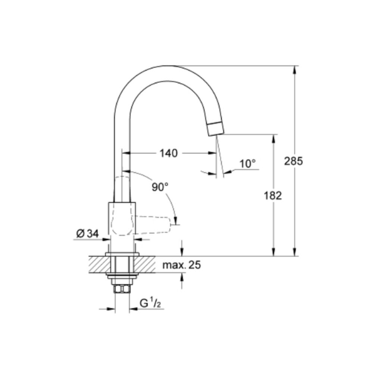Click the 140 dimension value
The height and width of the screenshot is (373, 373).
[x=169, y=153]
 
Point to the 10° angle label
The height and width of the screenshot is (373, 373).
[x=248, y=163]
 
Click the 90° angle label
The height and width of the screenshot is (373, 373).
[x=160, y=187]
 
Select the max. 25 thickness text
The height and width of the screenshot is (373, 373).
[x=182, y=265]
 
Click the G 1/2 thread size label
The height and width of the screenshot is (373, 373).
[x=150, y=304]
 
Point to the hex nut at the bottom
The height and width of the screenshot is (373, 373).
[x=122, y=289]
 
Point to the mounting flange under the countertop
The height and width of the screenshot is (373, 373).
[x=122, y=276]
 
